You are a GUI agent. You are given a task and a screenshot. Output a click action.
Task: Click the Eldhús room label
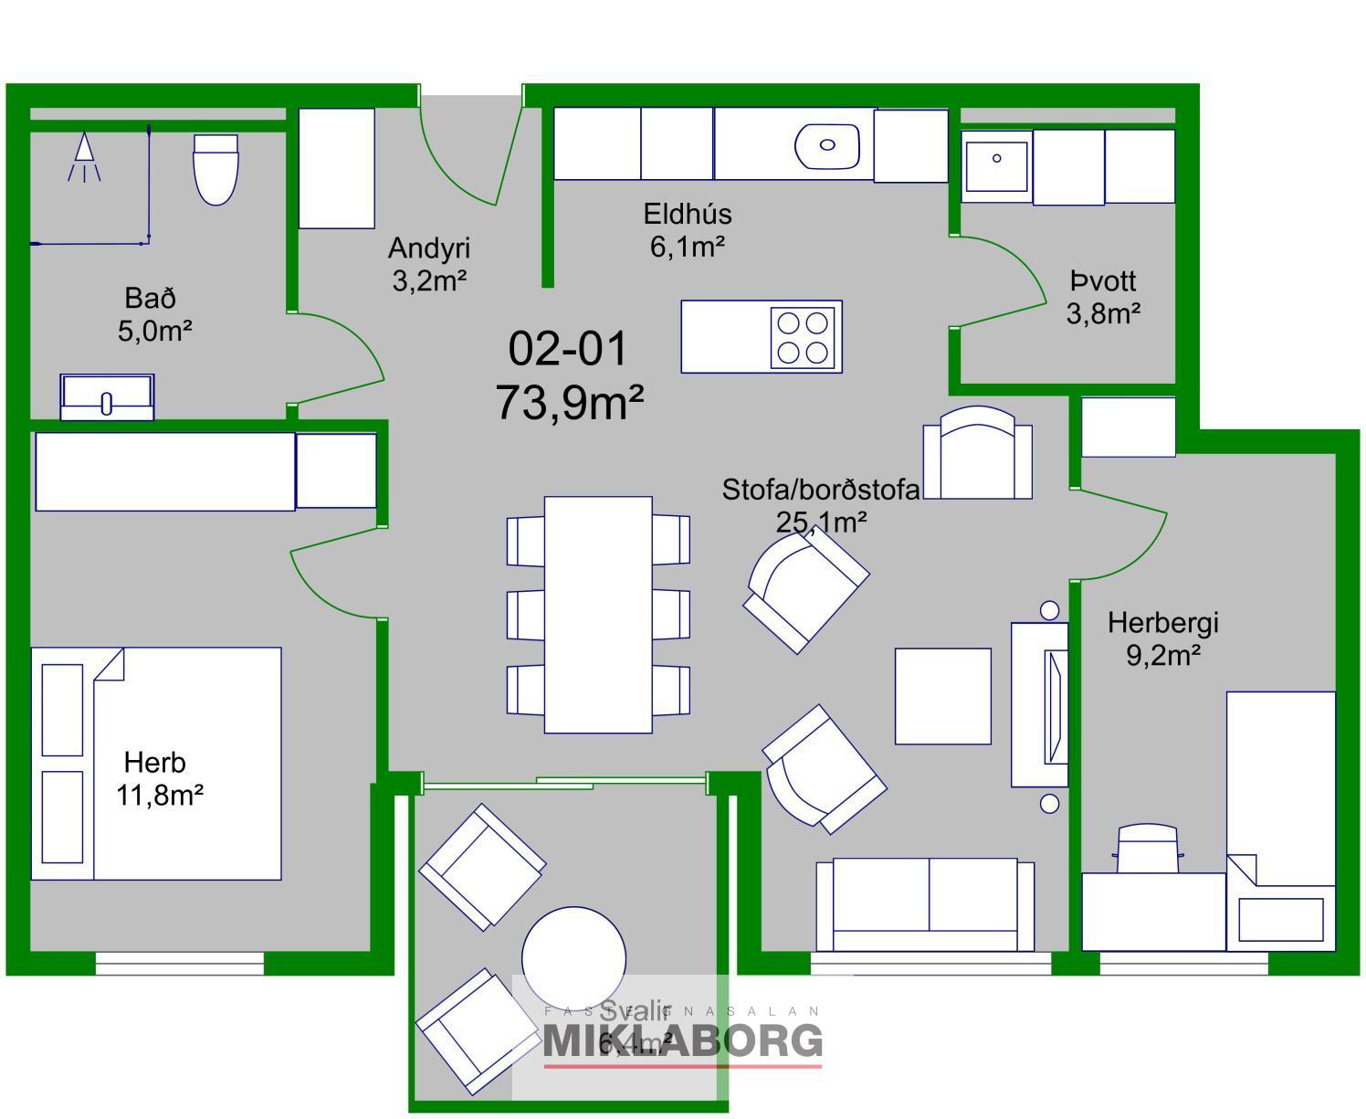688,214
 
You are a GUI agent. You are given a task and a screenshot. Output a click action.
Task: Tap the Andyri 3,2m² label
428,264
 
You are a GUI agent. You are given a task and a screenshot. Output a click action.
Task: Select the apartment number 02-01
568,349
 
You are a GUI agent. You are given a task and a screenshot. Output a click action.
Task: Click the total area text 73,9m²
569,402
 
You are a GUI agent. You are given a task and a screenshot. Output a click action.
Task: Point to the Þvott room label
1103,281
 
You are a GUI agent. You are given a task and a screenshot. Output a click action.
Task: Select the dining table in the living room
598,614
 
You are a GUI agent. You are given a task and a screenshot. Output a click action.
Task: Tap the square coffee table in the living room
942,696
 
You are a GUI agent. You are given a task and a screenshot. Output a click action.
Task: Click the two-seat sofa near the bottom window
925,904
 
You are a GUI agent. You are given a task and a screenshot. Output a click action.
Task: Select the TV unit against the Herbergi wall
1040,704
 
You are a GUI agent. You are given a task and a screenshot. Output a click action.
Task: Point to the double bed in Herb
156,764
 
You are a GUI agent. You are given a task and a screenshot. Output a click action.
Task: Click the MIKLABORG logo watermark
682,1040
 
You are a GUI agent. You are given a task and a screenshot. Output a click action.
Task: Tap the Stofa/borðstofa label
820,490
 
